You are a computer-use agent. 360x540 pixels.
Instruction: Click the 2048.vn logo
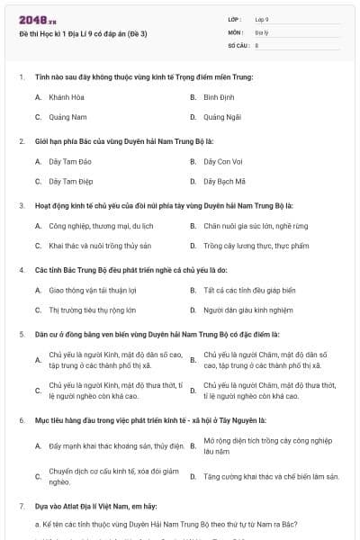point(32,18)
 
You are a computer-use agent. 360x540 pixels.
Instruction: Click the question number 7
point(21,507)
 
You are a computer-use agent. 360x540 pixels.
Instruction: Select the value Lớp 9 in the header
point(262,18)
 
